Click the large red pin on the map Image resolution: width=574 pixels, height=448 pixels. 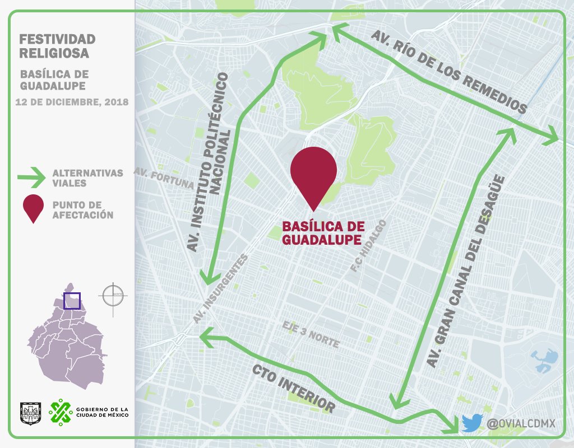click(313, 171)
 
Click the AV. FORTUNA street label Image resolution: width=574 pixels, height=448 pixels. click(164, 178)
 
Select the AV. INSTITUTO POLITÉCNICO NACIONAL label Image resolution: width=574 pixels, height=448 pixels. click(210, 162)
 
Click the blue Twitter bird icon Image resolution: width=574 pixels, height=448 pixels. click(472, 423)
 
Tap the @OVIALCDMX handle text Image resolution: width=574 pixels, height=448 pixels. click(521, 423)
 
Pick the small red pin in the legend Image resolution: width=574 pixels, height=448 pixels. click(33, 208)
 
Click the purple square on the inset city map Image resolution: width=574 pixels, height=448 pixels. click(72, 301)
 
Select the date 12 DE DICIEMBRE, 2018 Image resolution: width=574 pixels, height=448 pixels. click(72, 102)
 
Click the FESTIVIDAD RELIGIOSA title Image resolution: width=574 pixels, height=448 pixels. click(57, 46)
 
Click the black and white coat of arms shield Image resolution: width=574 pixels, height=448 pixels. click(30, 412)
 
